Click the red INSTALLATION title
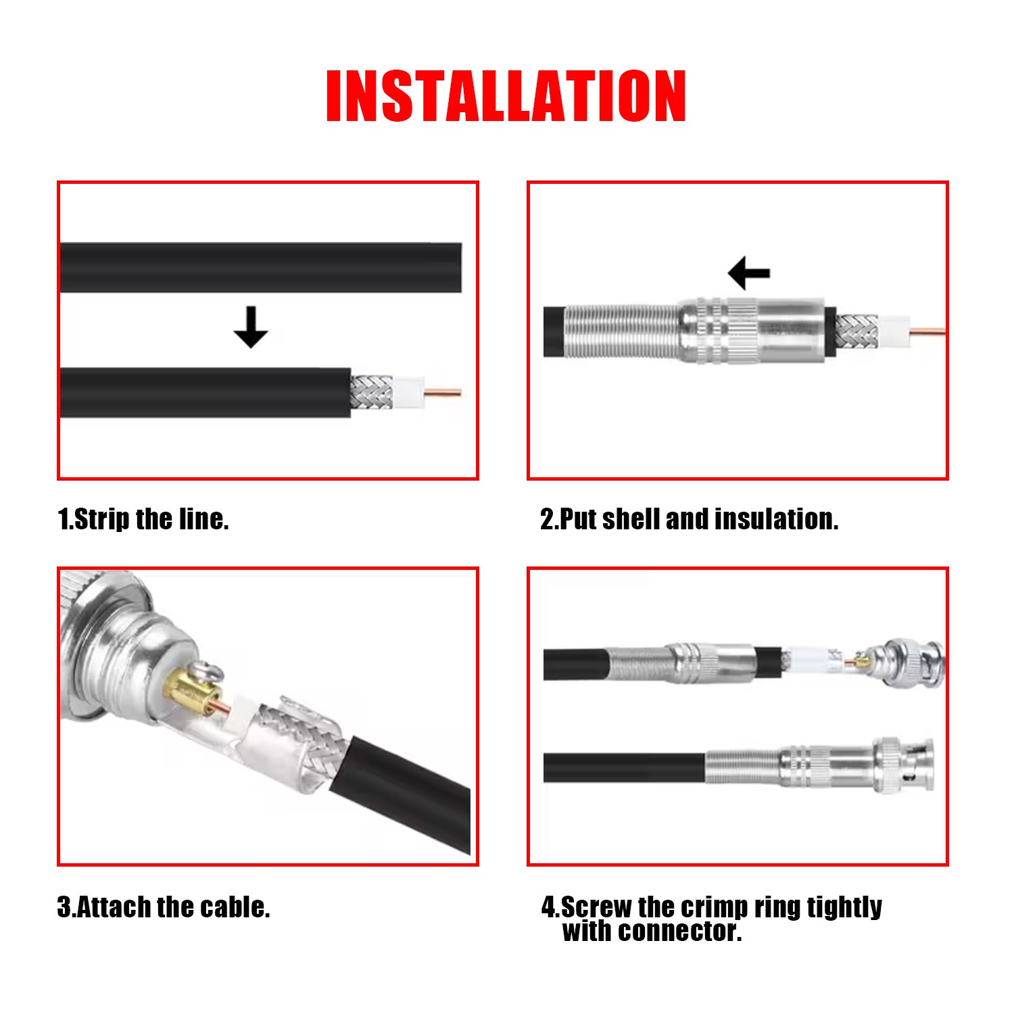pyautogui.click(x=506, y=95)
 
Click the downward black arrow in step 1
pyautogui.click(x=251, y=327)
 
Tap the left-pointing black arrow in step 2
pyautogui.click(x=749, y=273)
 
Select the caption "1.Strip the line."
pyautogui.click(x=143, y=519)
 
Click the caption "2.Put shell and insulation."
pyautogui.click(x=689, y=519)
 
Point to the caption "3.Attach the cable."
pyautogui.click(x=164, y=907)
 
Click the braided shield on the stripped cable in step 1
pyautogui.click(x=370, y=392)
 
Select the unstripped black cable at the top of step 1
pyautogui.click(x=261, y=268)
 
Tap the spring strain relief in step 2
pyautogui.click(x=621, y=331)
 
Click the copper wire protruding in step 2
pyautogui.click(x=927, y=331)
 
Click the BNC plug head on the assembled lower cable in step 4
pyautogui.click(x=903, y=765)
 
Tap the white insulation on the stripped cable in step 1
pyautogui.click(x=408, y=393)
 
